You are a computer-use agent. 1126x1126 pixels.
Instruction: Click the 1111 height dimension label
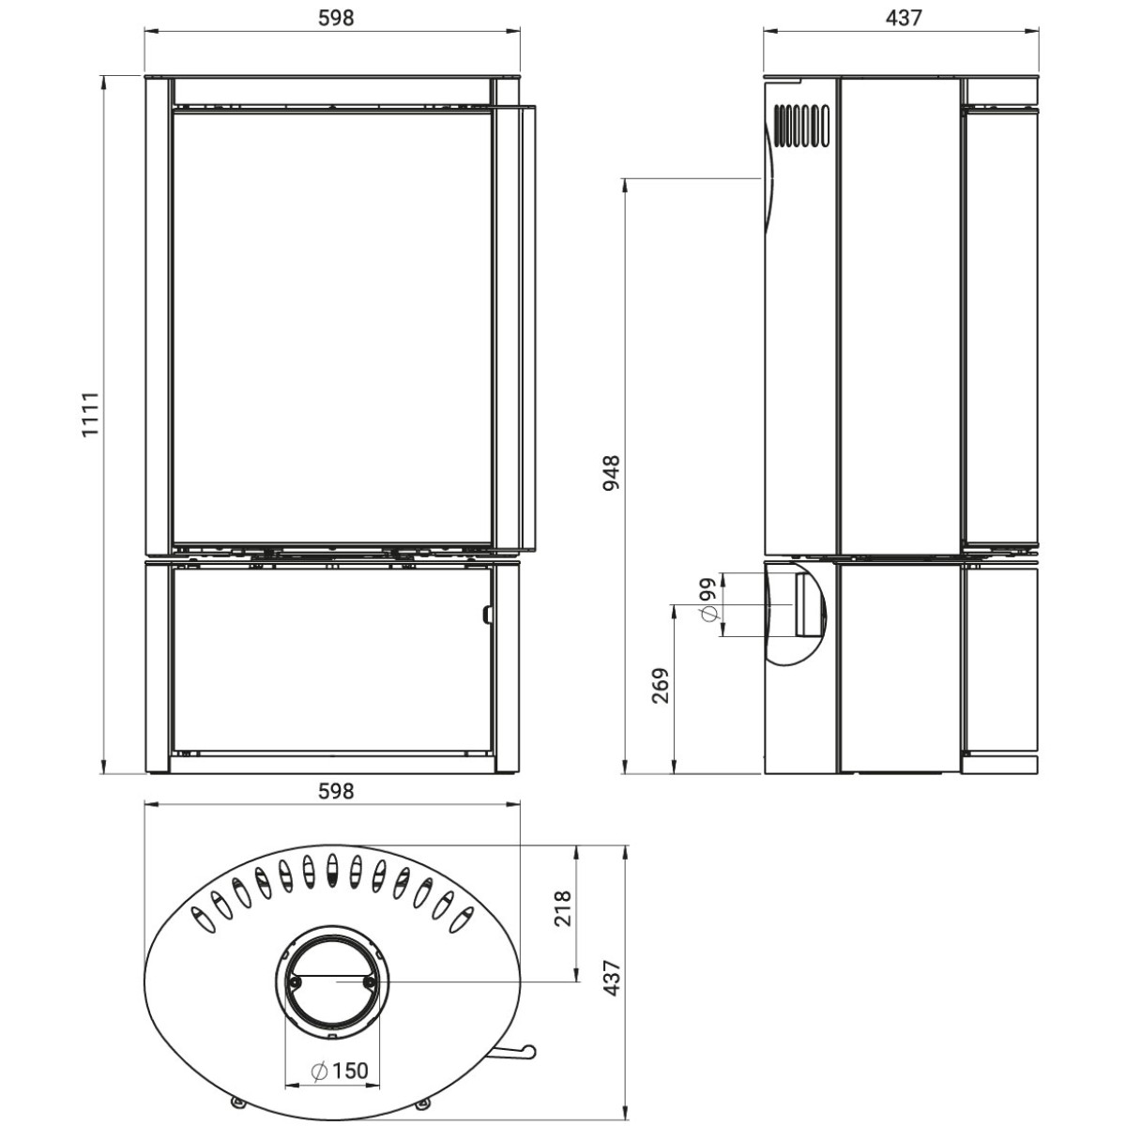(91, 415)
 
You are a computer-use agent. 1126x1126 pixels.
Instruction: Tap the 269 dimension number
(661, 685)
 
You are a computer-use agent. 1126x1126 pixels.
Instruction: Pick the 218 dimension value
(562, 908)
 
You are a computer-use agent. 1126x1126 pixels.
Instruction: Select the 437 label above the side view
(903, 18)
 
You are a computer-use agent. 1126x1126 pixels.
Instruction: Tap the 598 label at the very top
(336, 18)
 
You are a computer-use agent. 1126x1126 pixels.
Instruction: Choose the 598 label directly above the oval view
(336, 791)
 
